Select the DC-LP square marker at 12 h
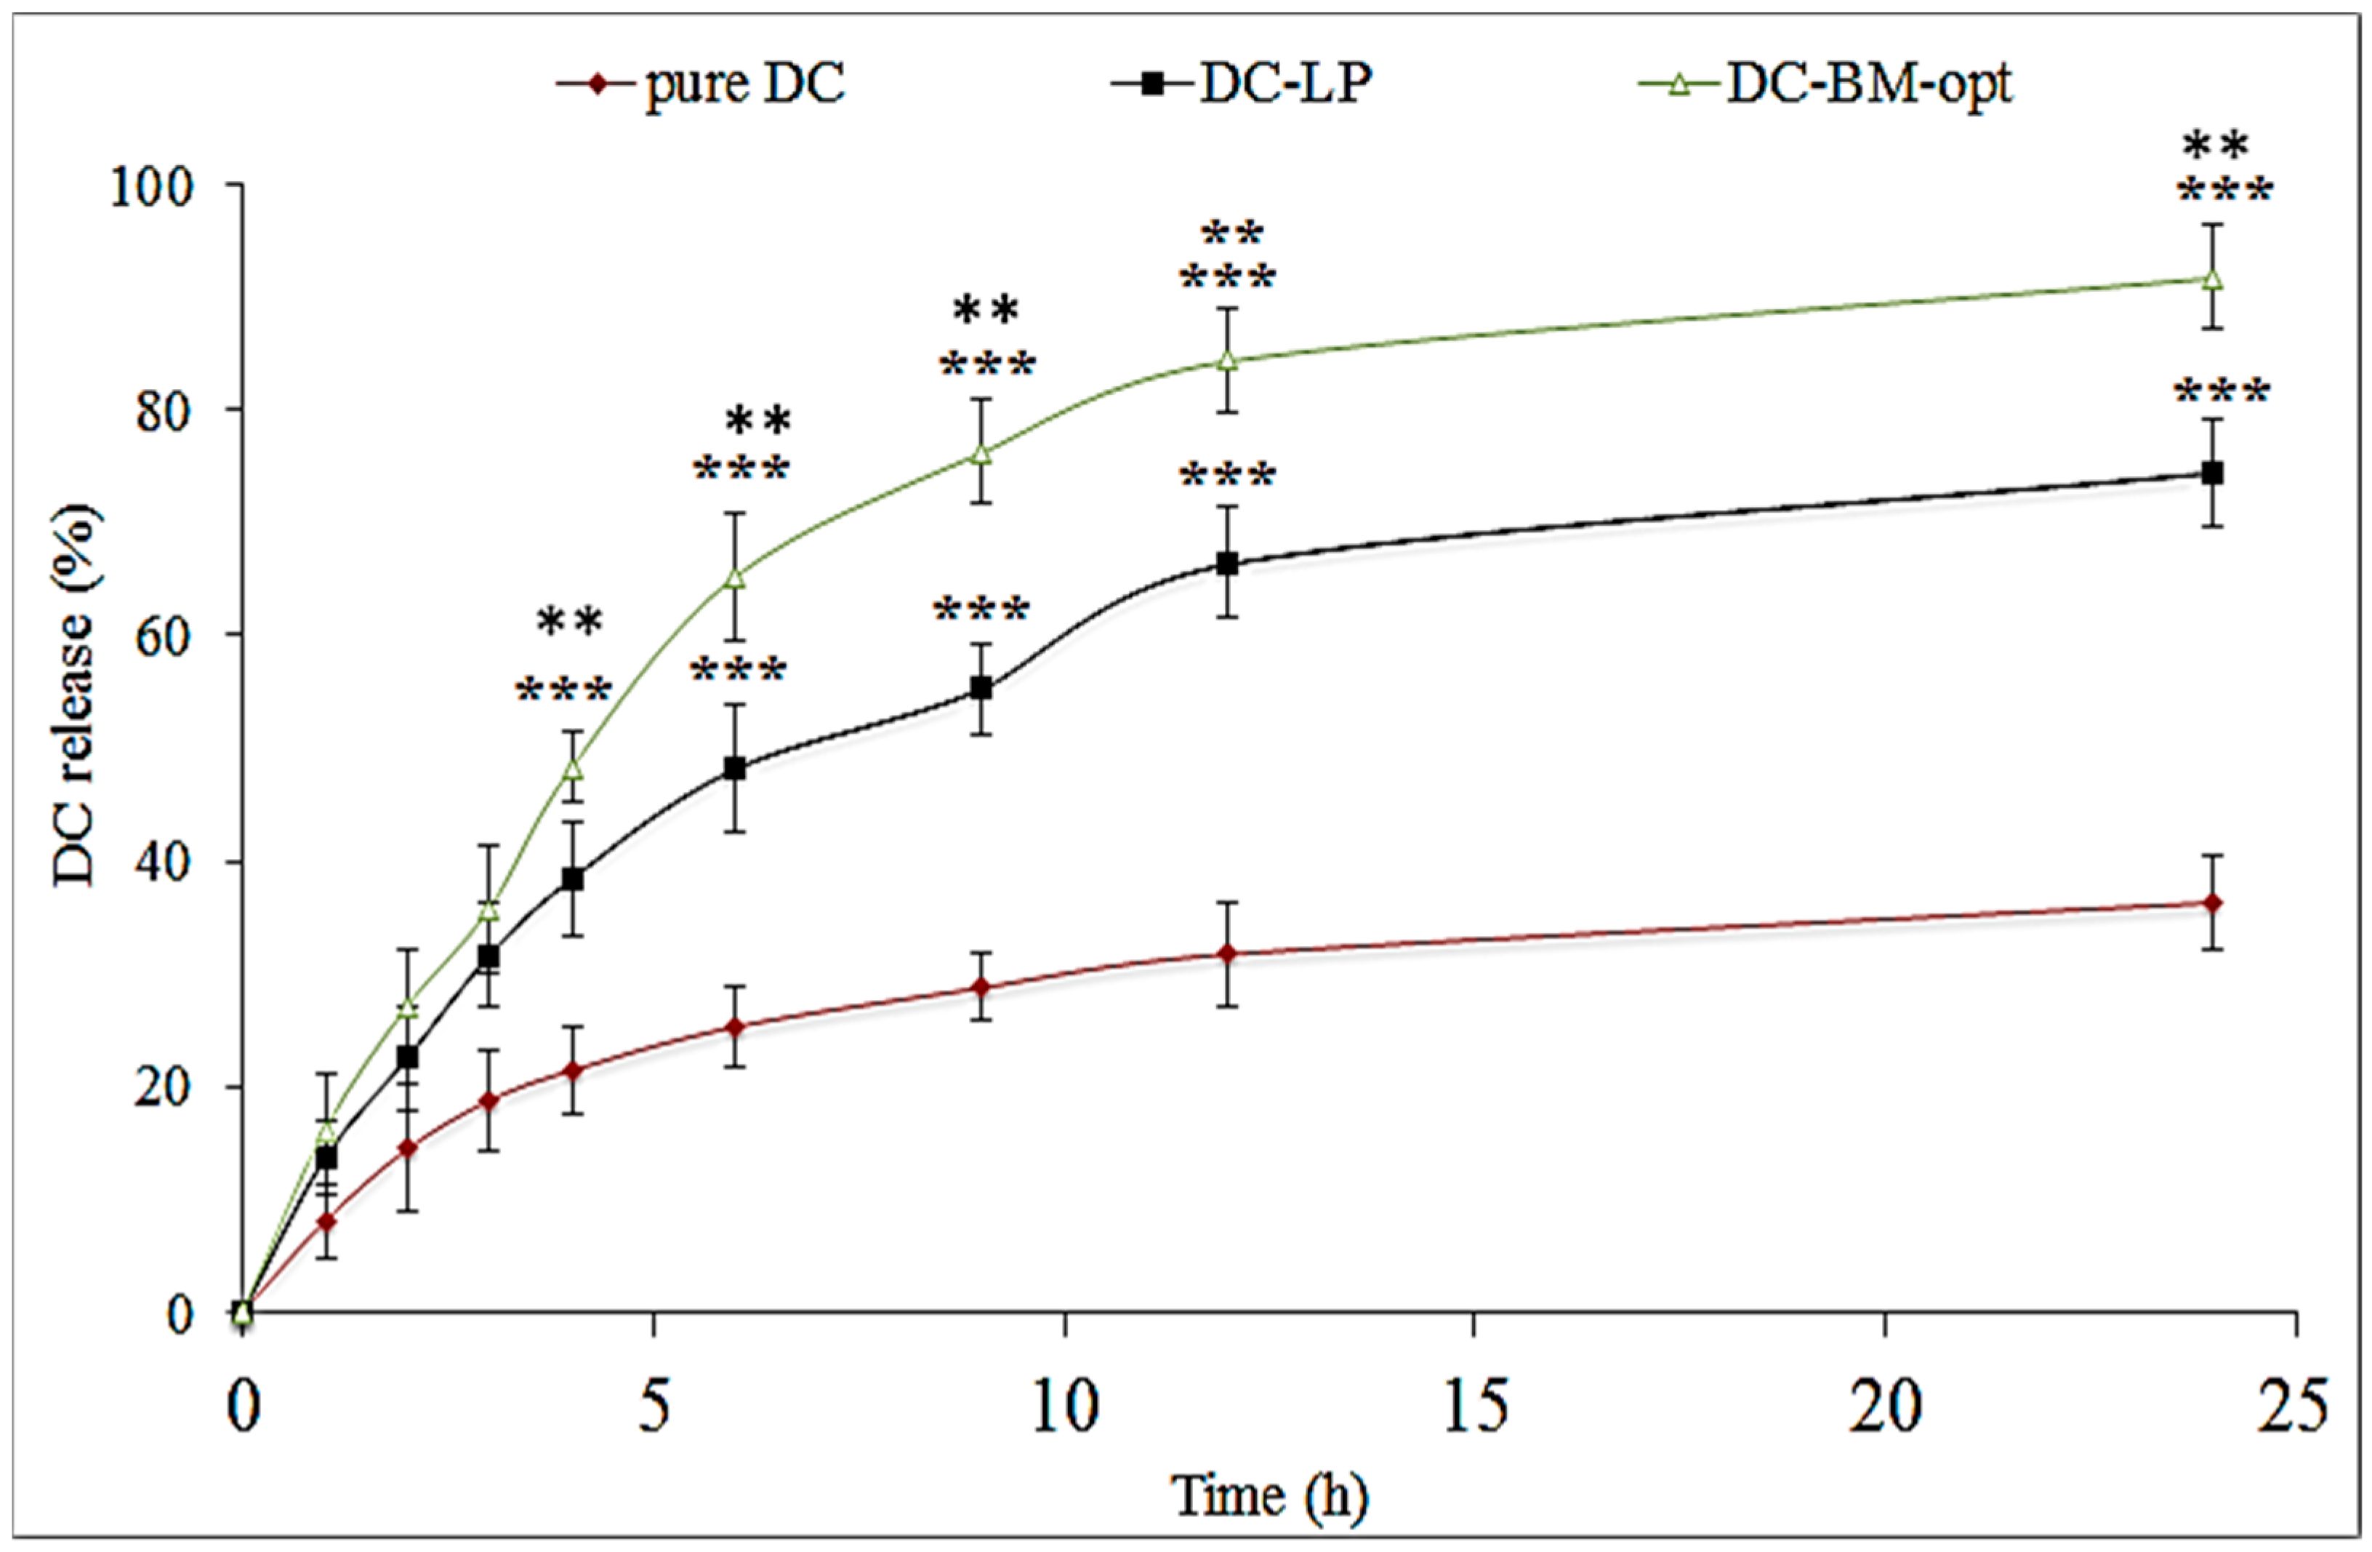point(1228,563)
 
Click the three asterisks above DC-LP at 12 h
point(1228,476)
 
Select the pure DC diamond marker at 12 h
point(1228,954)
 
